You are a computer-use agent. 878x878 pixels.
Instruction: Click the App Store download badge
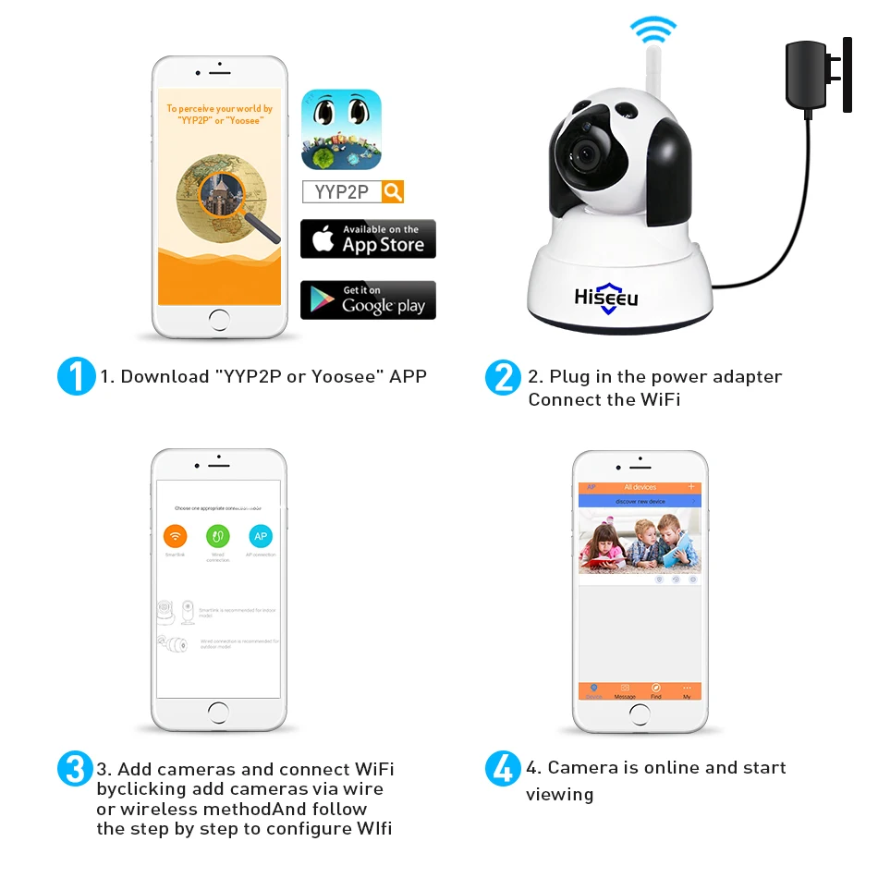click(x=368, y=239)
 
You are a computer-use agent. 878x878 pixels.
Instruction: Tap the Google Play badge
click(x=368, y=300)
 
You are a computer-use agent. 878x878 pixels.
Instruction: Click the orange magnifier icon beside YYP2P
click(x=393, y=191)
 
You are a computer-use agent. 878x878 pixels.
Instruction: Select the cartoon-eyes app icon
click(x=341, y=128)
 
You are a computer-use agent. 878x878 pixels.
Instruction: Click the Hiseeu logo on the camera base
click(x=606, y=299)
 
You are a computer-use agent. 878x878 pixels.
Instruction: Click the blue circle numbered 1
click(x=76, y=377)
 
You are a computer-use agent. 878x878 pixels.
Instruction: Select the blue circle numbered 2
click(x=504, y=377)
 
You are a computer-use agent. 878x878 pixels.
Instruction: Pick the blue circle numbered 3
click(x=76, y=769)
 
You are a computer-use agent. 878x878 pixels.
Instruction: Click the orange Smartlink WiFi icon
click(x=175, y=535)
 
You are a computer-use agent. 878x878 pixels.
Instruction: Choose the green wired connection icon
click(x=218, y=535)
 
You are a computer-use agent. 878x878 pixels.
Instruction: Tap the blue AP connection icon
click(x=261, y=535)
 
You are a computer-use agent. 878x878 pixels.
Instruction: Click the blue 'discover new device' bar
click(x=640, y=501)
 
